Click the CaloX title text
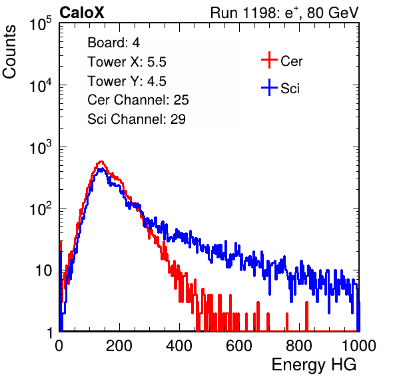[82, 13]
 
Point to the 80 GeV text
[332, 13]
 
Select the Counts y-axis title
[9, 51]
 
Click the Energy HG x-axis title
[314, 365]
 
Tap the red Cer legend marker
[269, 60]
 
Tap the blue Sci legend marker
[269, 87]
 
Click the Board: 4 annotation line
[113, 43]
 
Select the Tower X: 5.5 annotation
[127, 62]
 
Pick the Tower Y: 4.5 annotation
[127, 81]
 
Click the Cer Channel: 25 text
[138, 100]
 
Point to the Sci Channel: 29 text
[137, 119]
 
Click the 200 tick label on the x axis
[119, 346]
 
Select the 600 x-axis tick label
[239, 346]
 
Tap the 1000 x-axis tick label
[359, 346]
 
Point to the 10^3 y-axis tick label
[41, 147]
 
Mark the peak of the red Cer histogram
[101, 161]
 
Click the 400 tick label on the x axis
[179, 346]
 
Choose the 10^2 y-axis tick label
[41, 209]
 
